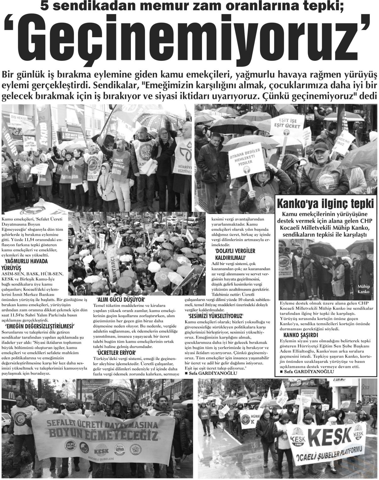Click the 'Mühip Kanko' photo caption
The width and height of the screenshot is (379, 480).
(x=363, y=289)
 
